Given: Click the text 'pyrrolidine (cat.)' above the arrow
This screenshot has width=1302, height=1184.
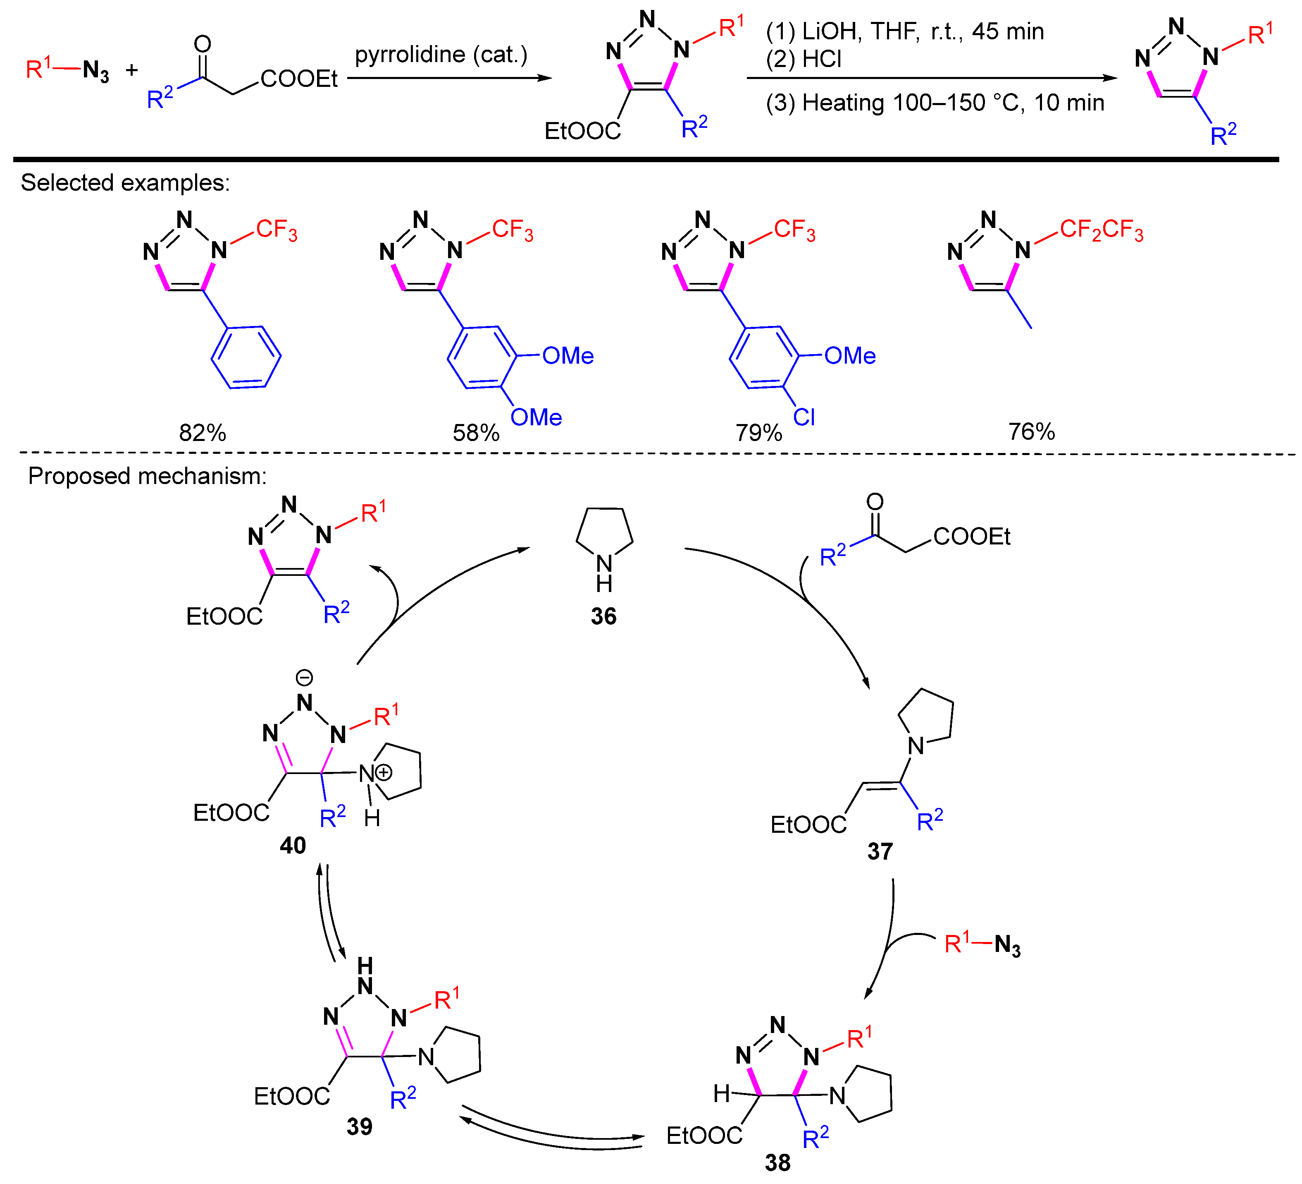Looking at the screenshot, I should pos(441,55).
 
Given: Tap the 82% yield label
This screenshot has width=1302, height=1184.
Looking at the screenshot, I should pos(202,432).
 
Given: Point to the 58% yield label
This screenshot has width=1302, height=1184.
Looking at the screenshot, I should pos(476,432).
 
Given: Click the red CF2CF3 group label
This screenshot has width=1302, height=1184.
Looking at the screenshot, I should pos(1101,230).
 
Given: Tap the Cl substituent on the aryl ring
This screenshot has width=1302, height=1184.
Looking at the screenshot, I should pos(804,417).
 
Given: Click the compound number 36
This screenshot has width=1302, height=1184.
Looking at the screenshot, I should pos(603,616).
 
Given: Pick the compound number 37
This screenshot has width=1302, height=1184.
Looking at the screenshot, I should pos(880,851).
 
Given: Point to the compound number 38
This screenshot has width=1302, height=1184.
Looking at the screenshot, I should pos(777,1162).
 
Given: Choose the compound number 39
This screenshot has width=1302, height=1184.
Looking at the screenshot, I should pos(359,1126).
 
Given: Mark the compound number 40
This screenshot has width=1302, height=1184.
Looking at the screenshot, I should pos(293,845).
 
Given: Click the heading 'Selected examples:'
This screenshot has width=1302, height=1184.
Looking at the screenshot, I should pos(125,183).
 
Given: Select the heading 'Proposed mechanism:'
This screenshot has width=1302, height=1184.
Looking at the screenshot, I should pos(147,476).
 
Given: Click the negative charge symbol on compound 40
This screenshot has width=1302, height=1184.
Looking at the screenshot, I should pos(304,677).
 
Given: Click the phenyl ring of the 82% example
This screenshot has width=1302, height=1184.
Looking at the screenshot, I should pos(246,357).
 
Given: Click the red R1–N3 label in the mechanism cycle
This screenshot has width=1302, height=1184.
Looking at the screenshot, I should pos(982,944).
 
